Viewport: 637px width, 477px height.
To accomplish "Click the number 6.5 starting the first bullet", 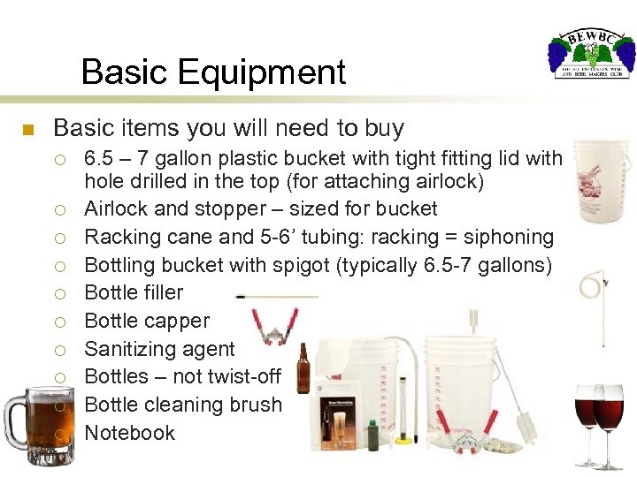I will pos(99,158).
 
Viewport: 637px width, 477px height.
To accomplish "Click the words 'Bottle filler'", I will pos(134,292).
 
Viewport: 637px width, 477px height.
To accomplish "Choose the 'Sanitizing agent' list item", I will pos(159,349).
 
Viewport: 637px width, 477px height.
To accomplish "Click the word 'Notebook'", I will pos(129,433).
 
